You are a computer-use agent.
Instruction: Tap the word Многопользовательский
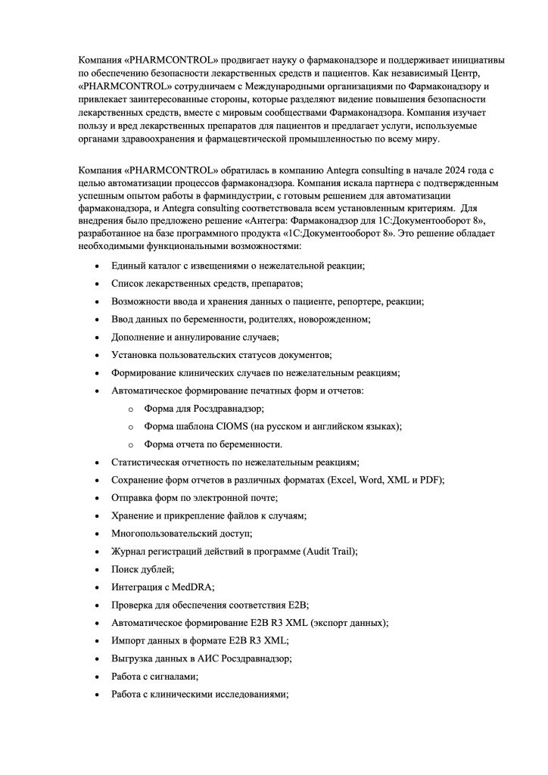tap(160, 534)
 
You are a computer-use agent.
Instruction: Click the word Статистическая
tap(148, 462)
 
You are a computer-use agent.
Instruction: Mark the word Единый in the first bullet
tap(127, 266)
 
